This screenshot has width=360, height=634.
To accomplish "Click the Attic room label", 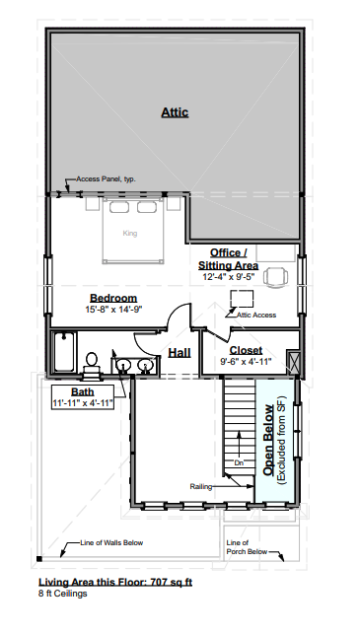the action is click(175, 112).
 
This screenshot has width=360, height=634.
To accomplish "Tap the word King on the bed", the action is click(130, 234).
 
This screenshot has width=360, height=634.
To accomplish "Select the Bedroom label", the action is click(113, 299).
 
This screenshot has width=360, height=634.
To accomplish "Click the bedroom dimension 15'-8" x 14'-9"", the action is click(114, 310).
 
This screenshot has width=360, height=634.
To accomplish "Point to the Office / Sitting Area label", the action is click(228, 259).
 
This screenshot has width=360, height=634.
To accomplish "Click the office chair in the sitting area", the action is click(275, 277).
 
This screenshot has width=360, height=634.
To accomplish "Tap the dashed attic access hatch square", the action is click(242, 299).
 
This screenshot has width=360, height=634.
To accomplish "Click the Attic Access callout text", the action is click(256, 315).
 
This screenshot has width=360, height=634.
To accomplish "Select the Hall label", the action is click(180, 353).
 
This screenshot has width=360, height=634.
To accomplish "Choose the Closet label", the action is click(246, 350).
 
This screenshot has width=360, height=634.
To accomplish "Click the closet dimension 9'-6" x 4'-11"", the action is click(246, 361).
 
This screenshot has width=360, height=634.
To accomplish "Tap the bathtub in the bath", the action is click(64, 352).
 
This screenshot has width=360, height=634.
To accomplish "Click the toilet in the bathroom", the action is click(92, 366).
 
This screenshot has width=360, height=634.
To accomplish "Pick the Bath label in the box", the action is click(83, 391).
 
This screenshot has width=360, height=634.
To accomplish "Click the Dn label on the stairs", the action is click(239, 463).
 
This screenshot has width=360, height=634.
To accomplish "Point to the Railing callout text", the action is click(201, 487).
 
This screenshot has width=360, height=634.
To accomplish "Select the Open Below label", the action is click(268, 440).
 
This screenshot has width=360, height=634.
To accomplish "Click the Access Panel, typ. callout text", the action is click(106, 179).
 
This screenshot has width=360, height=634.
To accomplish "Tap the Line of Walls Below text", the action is click(111, 542).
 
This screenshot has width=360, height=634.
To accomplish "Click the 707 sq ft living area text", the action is click(171, 583).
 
